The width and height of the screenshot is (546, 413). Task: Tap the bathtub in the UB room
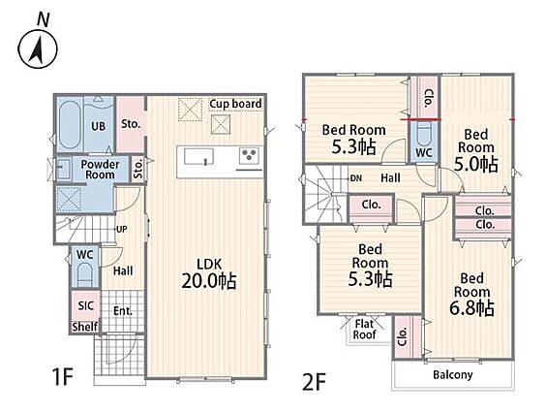[x=70, y=124]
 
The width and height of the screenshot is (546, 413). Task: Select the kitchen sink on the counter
[x=198, y=156]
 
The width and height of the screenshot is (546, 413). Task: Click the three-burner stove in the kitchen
[x=250, y=155]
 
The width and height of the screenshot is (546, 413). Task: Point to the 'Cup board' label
[x=236, y=104]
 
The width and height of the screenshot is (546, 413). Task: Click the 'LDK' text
[x=209, y=264]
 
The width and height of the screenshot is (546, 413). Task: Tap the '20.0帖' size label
[x=209, y=281]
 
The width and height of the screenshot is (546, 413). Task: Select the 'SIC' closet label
[x=85, y=306]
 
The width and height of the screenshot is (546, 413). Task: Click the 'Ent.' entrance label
[x=123, y=311]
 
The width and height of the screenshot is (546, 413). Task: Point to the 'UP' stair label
[x=121, y=230]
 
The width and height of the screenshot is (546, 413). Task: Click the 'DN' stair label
[x=356, y=178]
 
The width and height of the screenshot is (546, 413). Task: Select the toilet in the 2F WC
[x=424, y=135]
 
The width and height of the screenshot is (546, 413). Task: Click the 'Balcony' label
[x=453, y=375]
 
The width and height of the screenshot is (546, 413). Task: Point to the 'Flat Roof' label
[x=365, y=330]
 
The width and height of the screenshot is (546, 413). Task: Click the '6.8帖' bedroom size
[x=471, y=308]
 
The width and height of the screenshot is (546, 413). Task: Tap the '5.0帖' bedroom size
[x=476, y=164]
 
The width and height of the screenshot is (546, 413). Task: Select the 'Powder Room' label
[x=100, y=170]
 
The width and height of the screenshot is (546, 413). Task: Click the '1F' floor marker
[x=63, y=377]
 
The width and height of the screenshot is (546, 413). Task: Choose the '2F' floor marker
[x=315, y=382]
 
